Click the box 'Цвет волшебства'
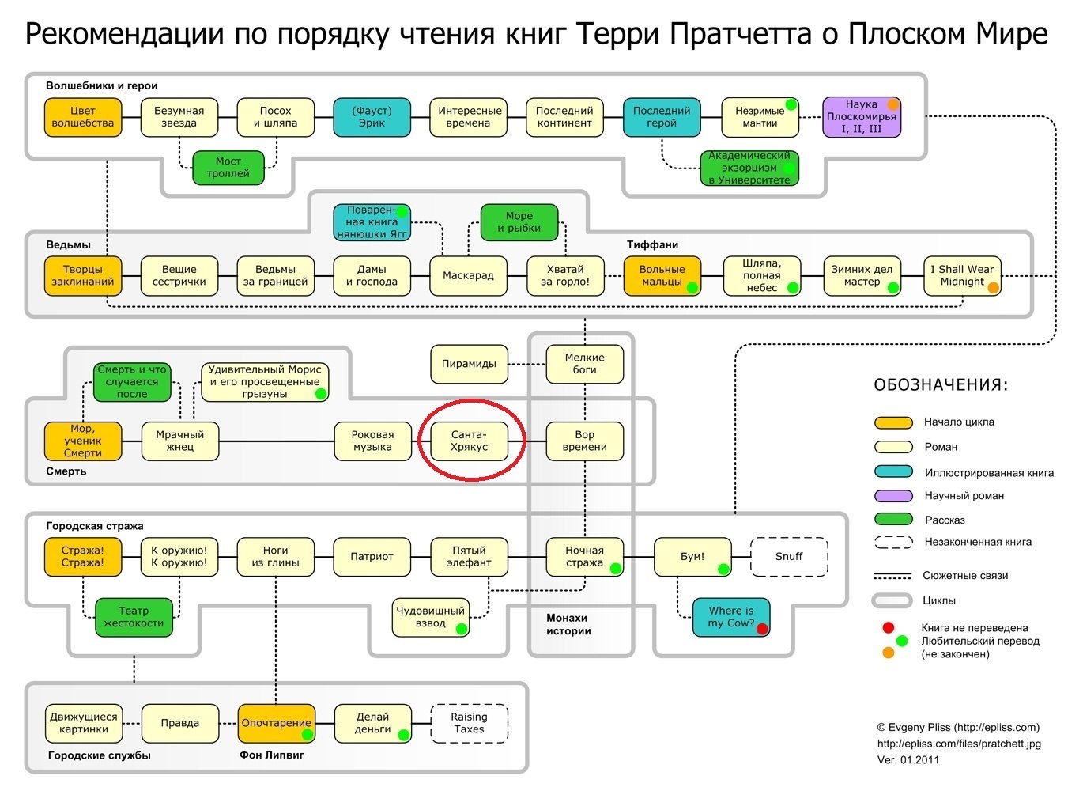pyautogui.click(x=82, y=117)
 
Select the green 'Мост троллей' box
pyautogui.click(x=228, y=167)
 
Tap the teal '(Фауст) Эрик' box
pyautogui.click(x=372, y=117)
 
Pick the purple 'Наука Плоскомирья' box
pyautogui.click(x=862, y=117)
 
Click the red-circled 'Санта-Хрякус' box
pyautogui.click(x=469, y=441)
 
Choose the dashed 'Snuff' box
pyautogui.click(x=788, y=556)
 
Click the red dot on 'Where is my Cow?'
pyautogui.click(x=762, y=629)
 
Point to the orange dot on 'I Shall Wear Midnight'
pyautogui.click(x=993, y=288)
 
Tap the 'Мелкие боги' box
pyautogui.click(x=584, y=364)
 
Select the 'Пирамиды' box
pyautogui.click(x=469, y=364)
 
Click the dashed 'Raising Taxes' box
pyautogui.click(x=469, y=723)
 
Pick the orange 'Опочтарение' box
pyautogui.click(x=276, y=723)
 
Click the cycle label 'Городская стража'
pyautogui.click(x=95, y=526)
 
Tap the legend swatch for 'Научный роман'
pyautogui.click(x=893, y=495)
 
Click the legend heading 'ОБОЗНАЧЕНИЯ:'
pyautogui.click(x=941, y=385)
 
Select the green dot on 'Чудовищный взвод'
pyautogui.click(x=462, y=629)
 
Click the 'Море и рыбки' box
pyautogui.click(x=519, y=222)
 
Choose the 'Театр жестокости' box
pyautogui.click(x=134, y=617)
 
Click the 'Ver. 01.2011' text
pyautogui.click(x=908, y=760)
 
